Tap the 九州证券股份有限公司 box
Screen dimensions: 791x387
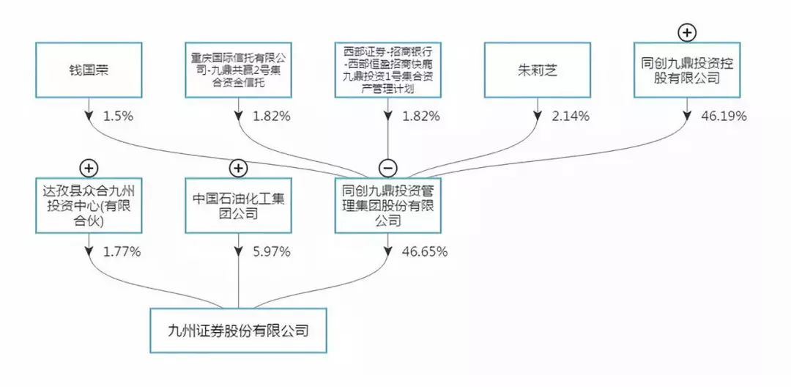[x=238, y=331]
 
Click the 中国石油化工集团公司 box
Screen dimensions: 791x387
[x=238, y=206]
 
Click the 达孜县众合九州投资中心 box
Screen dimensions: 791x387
[x=89, y=206]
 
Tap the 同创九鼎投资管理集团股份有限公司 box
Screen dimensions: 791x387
[x=387, y=206]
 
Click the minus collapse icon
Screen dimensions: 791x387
[x=387, y=168]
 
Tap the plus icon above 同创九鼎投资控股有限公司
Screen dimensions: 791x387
[x=686, y=33]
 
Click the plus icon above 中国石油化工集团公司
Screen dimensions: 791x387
[x=238, y=168]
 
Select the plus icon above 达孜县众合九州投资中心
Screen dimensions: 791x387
[x=89, y=168]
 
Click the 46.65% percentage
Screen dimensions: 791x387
[x=425, y=251]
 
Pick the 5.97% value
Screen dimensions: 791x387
[x=272, y=251]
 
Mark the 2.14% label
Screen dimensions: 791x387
[x=571, y=116]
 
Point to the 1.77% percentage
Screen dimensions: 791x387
[x=122, y=251]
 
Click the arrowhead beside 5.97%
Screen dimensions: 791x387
[x=238, y=251]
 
